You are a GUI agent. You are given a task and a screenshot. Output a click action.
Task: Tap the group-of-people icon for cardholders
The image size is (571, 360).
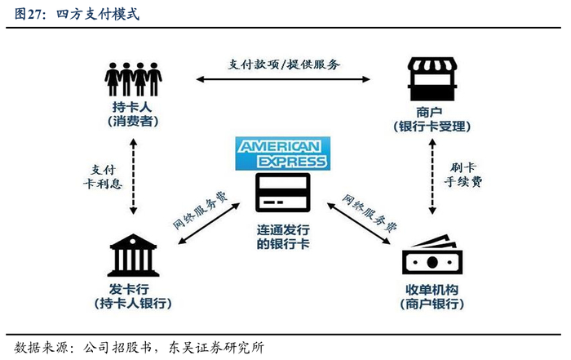pyautogui.click(x=132, y=78)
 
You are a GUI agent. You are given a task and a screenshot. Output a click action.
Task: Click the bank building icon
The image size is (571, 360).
pyautogui.click(x=134, y=255)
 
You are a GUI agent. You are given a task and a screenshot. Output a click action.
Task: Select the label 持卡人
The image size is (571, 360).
pyautogui.click(x=132, y=107)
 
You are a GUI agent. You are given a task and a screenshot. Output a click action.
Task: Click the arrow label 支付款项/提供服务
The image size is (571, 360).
pyautogui.click(x=284, y=64)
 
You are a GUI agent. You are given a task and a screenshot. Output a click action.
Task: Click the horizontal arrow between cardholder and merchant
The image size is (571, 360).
pyautogui.click(x=284, y=79)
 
